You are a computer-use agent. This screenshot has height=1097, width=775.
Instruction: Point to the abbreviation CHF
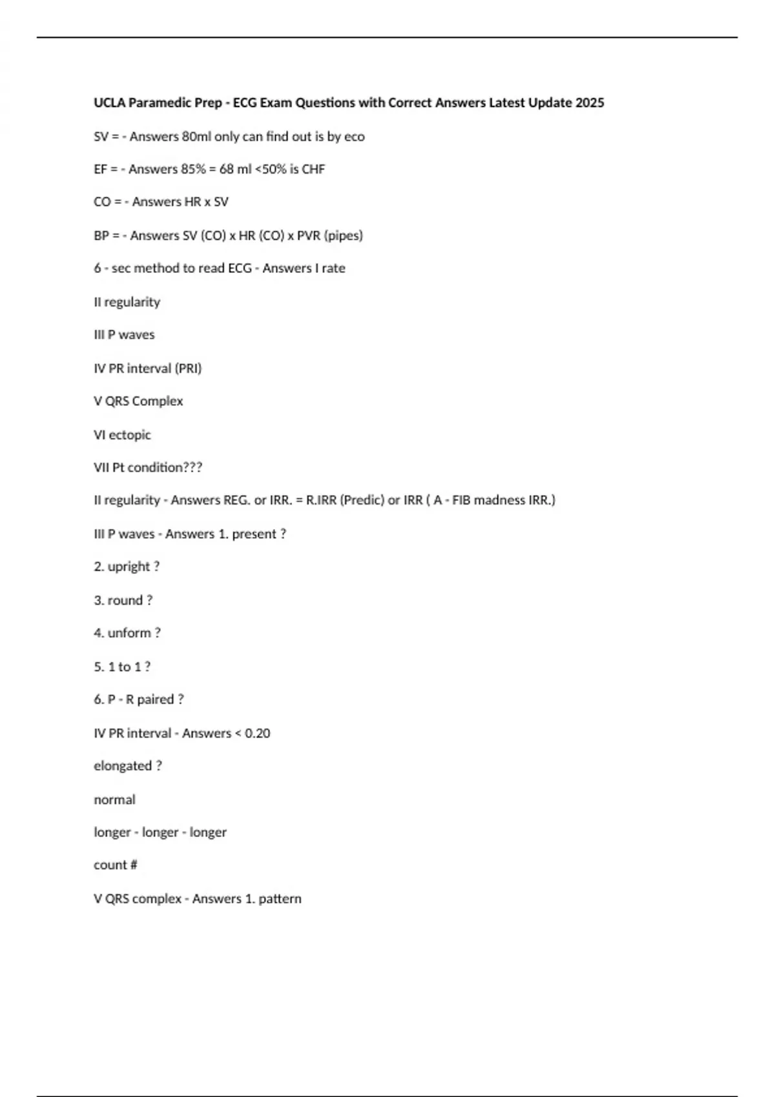coord(313,169)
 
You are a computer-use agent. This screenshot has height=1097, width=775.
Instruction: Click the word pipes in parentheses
coord(343,236)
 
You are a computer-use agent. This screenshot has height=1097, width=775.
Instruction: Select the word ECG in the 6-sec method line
coord(240,268)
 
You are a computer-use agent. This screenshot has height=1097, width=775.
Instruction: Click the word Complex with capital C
coord(158,401)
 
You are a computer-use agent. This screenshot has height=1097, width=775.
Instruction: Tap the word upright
coord(129,567)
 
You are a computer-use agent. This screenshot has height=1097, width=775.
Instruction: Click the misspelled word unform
coord(129,633)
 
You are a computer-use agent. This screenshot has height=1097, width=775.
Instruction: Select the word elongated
coord(123,766)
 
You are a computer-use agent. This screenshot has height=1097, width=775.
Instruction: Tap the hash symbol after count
coord(134,865)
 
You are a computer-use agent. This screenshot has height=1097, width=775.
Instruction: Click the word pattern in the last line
coord(280,899)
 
